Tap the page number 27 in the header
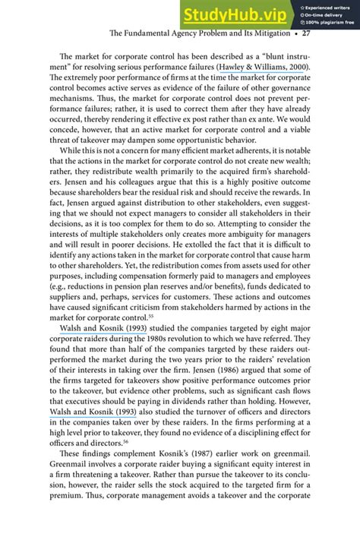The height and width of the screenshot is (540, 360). (306, 33)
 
